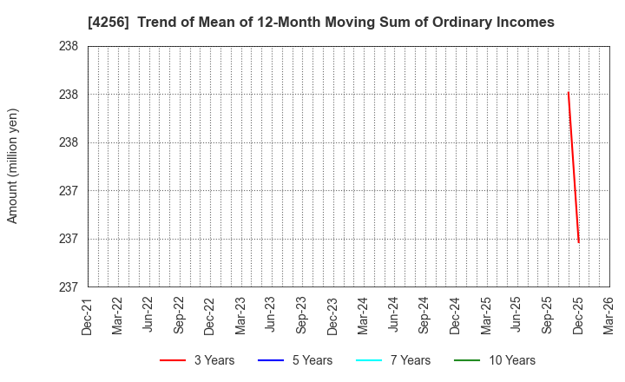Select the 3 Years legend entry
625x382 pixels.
197,360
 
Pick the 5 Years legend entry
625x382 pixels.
295,360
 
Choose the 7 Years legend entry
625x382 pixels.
393,360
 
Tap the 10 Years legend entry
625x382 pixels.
495,360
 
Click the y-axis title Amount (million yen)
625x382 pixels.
13,166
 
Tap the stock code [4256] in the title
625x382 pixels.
108,23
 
